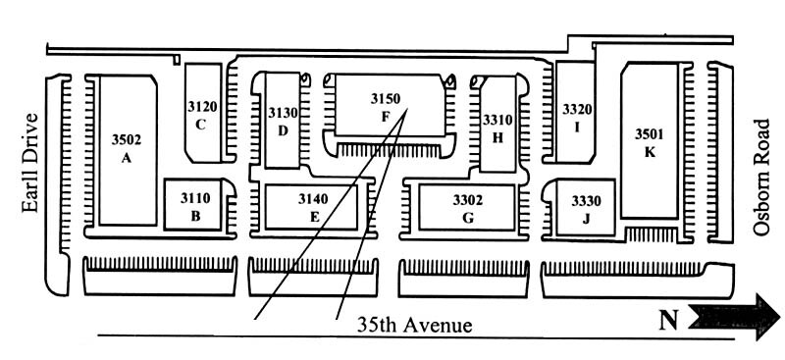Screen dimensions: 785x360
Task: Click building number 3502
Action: pos(127,139)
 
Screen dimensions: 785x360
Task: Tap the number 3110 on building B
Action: pos(195,198)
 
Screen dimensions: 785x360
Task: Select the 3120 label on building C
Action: pos(203,106)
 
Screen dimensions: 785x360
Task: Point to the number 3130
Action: pos(283,113)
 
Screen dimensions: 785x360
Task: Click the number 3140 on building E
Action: pos(313,199)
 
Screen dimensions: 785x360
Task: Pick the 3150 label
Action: pos(386,99)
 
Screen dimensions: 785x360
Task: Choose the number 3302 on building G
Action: pos(468,200)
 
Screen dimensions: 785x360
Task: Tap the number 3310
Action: pos(497,121)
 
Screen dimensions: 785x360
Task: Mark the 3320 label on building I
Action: pos(577,109)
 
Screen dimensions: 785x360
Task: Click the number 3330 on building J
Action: pos(586,201)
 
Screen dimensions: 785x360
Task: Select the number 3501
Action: pos(650,134)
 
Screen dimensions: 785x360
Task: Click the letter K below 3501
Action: pos(650,152)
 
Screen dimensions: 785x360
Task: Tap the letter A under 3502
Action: pos(127,158)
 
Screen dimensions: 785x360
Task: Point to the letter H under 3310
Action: pos(497,138)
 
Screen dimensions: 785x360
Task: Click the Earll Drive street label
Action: pos(30,163)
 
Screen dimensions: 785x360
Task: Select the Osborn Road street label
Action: pos(761,178)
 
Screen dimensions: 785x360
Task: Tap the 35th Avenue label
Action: pos(414,326)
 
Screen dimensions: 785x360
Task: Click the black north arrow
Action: pos(734,318)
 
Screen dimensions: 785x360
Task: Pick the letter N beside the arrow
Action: pos(668,320)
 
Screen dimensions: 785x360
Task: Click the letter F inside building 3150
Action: pos(386,117)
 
